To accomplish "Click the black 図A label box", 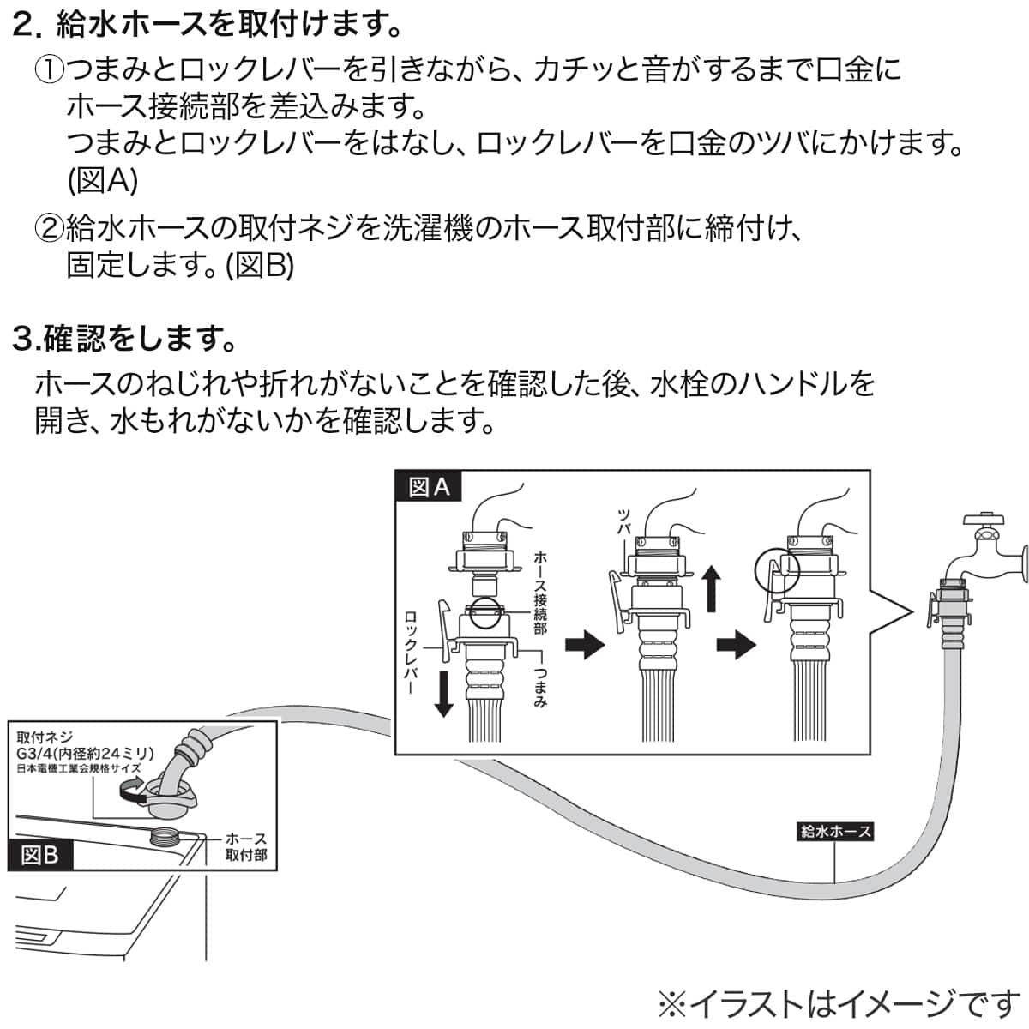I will pyautogui.click(x=429, y=487).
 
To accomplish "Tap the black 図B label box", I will pyautogui.click(x=39, y=855).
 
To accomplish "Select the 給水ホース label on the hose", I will pyautogui.click(x=834, y=831).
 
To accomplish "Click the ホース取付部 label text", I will pyautogui.click(x=246, y=846).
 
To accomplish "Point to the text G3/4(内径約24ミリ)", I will pyautogui.click(x=85, y=754).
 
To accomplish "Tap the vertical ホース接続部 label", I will pyautogui.click(x=539, y=593).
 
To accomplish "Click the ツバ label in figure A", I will pyautogui.click(x=624, y=521).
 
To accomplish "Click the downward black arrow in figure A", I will pyautogui.click(x=443, y=691).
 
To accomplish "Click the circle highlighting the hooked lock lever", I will pyautogui.click(x=776, y=567).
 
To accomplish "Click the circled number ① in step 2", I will pyautogui.click(x=49, y=69).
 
